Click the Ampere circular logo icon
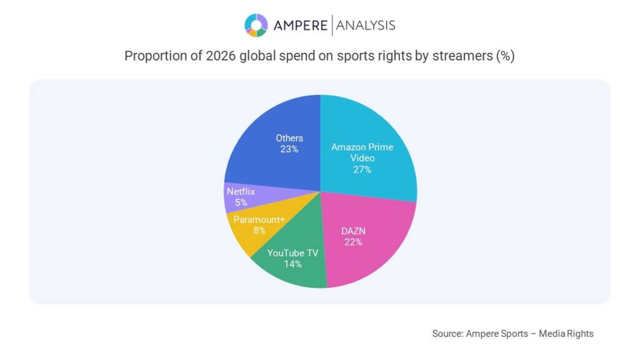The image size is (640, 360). point(256,25)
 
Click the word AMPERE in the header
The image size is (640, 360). point(300,25)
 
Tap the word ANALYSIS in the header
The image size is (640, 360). point(365,25)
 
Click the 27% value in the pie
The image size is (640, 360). point(362,169)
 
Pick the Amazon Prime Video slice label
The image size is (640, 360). point(362,152)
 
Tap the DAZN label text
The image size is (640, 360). point(353,231)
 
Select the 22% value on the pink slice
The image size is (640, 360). point(353,242)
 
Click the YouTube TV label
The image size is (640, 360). point(293,253)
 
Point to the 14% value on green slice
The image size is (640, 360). point(293,264)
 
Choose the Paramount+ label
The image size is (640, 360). point(259,220)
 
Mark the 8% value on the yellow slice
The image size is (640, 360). point(259,231)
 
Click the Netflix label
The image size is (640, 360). point(241,192)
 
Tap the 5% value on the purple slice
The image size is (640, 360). point(241,203)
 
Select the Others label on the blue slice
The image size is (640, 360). point(289,138)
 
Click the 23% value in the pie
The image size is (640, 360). point(289,149)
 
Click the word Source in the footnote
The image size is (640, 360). point(447,333)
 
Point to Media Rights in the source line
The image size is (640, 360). point(566,333)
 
